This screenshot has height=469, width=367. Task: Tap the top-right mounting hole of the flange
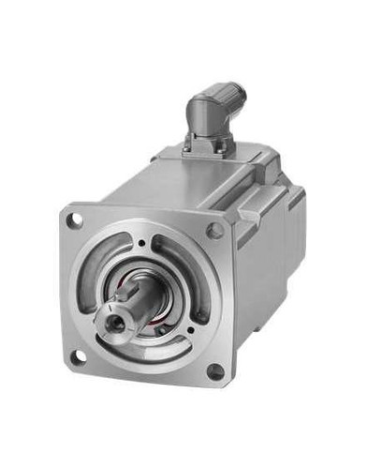coord(214,230)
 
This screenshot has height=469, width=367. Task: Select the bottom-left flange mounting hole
coord(80,356)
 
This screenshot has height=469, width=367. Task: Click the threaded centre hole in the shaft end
coord(116,321)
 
